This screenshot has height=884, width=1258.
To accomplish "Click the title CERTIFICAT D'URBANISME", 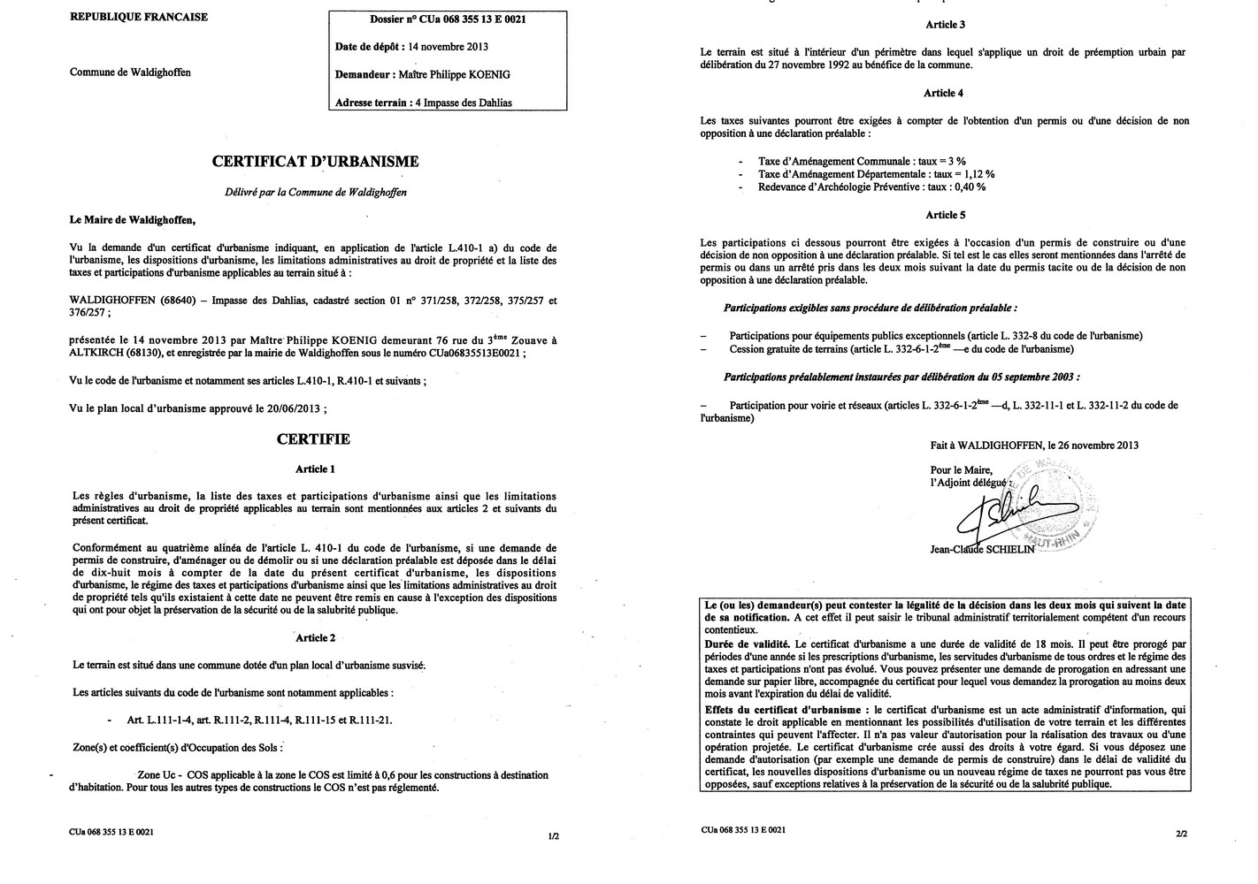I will coord(315,162).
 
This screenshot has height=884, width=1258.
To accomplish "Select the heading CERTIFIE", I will coord(313,439).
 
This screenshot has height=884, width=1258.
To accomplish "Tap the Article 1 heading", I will coord(315,469).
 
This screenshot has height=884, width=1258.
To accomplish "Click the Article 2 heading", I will coord(315,637).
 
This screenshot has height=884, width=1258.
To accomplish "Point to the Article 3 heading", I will coord(944,25).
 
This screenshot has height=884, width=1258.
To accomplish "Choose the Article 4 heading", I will coord(944,93).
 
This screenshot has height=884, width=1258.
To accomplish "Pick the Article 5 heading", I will coord(944,215).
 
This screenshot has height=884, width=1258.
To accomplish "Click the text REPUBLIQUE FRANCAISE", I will coord(139,17).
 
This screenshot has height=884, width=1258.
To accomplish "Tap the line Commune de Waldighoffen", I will coord(130,72).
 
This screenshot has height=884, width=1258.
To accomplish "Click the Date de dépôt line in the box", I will coord(411,47).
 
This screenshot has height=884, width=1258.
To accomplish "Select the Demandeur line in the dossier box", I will coord(422,74).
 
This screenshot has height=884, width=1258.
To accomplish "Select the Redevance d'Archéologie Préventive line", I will coord(871,187).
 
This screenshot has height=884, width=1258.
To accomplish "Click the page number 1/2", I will coord(554,835).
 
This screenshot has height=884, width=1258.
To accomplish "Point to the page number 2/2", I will coord(1181,833).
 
